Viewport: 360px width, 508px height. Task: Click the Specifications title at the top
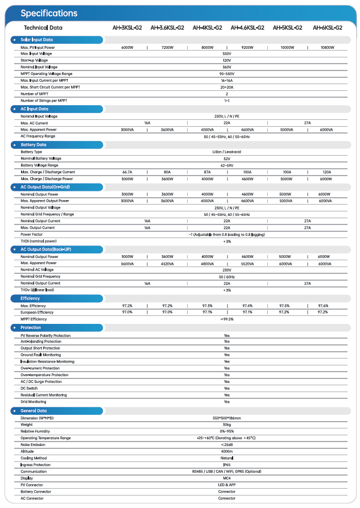click(x=49, y=13)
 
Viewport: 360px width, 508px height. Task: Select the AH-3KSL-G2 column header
click(x=127, y=27)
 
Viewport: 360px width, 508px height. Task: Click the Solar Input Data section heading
click(x=37, y=40)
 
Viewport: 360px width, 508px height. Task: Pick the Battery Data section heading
click(x=34, y=145)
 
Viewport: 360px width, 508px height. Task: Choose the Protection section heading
click(x=31, y=328)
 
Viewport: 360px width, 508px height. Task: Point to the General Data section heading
click(x=34, y=411)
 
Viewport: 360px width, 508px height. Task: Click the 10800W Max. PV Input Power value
click(x=327, y=47)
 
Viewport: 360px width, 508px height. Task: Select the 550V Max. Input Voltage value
click(x=226, y=53)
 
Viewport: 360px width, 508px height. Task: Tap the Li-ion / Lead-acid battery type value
click(x=226, y=152)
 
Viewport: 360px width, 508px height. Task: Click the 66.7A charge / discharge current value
click(x=127, y=172)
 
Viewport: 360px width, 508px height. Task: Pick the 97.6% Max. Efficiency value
click(x=323, y=306)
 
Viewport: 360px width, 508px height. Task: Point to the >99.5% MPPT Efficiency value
click(x=226, y=319)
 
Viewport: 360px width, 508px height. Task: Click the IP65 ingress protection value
click(x=226, y=465)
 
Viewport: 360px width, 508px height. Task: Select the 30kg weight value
click(x=226, y=424)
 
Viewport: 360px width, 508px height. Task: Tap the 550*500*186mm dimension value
click(x=226, y=418)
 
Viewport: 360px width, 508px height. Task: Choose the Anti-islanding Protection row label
click(x=41, y=342)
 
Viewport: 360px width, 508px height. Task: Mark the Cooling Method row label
click(x=34, y=458)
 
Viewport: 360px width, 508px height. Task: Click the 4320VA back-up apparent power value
click(x=167, y=264)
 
